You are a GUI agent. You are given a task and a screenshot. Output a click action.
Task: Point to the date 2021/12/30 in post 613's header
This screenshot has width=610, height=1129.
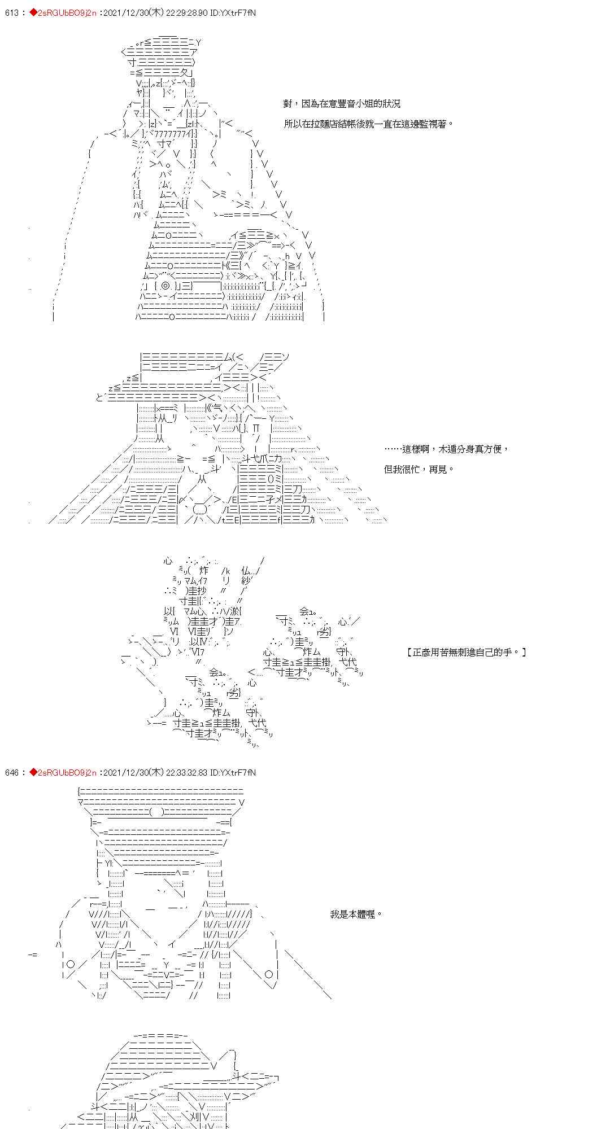(121, 12)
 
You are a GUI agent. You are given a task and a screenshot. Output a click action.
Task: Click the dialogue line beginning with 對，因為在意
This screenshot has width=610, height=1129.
(342, 104)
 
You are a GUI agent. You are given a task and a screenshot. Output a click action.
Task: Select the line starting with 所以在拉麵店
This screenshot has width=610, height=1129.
(368, 124)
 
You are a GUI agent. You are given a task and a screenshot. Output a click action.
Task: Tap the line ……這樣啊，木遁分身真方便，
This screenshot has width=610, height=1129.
(446, 449)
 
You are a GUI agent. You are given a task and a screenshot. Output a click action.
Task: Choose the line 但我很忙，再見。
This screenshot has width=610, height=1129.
(419, 470)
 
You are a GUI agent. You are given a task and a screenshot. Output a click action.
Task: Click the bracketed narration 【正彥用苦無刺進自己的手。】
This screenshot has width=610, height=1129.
(467, 653)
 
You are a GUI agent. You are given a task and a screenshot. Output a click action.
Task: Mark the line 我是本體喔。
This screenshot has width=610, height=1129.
(356, 914)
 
